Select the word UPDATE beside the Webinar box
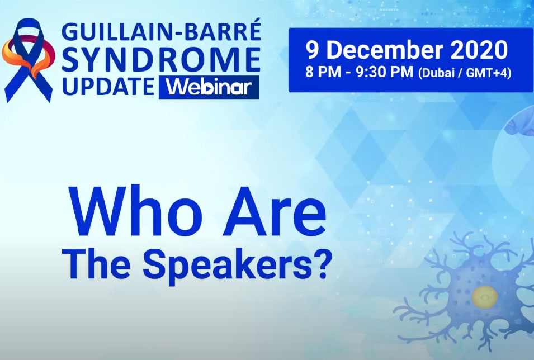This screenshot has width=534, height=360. [x=108, y=87]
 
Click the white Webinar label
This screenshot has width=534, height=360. [x=209, y=87]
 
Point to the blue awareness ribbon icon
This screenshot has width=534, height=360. [x=27, y=60]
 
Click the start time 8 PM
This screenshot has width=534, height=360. [x=322, y=72]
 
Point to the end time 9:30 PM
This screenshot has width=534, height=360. [x=384, y=72]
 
